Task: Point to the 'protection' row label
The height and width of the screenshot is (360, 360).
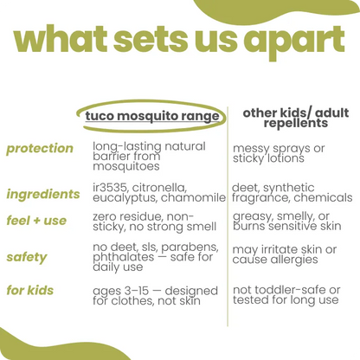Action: (x=40, y=148)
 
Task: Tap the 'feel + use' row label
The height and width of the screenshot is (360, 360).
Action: (x=36, y=221)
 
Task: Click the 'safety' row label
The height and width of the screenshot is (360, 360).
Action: (x=26, y=257)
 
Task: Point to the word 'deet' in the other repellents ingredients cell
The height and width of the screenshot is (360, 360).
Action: (x=245, y=185)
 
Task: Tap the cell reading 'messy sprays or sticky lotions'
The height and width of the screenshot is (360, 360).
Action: (x=279, y=154)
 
